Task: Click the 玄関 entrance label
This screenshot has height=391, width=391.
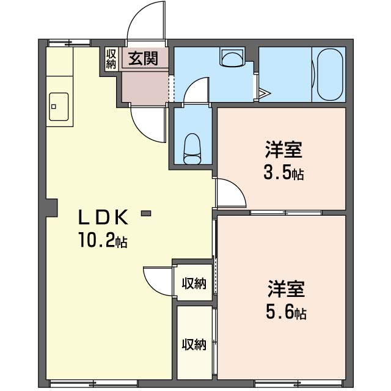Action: click(144, 58)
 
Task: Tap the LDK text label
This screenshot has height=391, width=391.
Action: click(104, 217)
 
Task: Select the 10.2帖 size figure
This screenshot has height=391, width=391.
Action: click(103, 240)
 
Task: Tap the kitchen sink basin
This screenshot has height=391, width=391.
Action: click(59, 107)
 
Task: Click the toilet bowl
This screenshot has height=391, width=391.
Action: click(192, 148)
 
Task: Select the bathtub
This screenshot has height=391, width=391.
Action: click(330, 74)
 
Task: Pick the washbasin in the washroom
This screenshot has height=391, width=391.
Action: click(232, 57)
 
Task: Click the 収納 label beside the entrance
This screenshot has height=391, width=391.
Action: click(111, 59)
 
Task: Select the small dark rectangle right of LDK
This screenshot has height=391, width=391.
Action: click(146, 213)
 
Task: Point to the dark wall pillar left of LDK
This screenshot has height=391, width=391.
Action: click(52, 208)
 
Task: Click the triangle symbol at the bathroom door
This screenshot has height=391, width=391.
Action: click(265, 93)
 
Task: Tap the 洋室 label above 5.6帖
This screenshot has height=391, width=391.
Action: click(287, 289)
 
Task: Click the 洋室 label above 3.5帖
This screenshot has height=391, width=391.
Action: click(283, 150)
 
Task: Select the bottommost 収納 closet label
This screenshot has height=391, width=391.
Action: click(194, 345)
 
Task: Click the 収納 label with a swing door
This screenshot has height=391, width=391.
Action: click(194, 283)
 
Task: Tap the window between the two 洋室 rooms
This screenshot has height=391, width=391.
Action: click(286, 213)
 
